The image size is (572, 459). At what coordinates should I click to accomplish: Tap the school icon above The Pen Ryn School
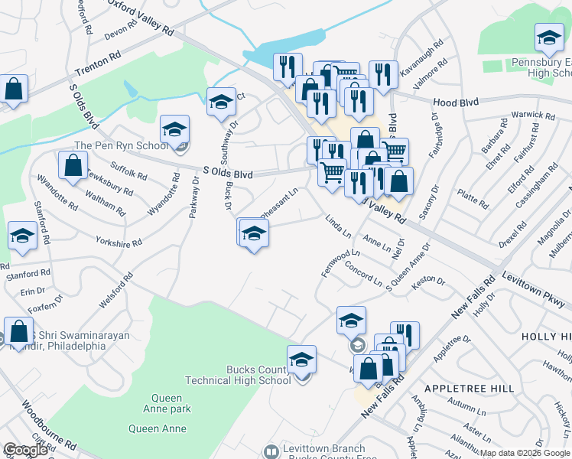click(x=175, y=130)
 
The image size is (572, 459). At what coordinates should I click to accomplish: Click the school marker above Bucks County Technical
click(x=302, y=360)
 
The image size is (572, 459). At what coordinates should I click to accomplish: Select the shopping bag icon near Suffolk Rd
click(x=72, y=166)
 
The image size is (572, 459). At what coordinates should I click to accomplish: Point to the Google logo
click(x=26, y=450)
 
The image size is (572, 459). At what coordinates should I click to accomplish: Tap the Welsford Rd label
click(x=115, y=291)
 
